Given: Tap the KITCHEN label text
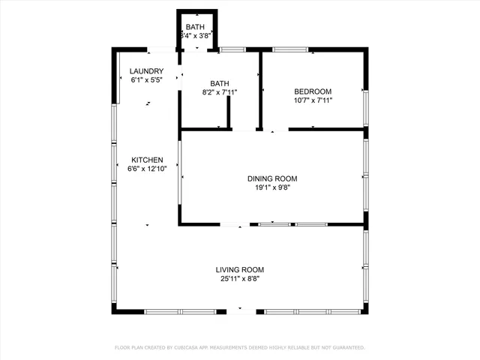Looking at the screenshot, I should click(147, 160).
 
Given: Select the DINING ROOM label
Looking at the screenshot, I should click(272, 178).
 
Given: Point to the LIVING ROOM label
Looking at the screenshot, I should click(240, 270).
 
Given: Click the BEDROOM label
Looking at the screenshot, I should click(313, 91).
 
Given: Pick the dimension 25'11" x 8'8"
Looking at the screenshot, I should click(240, 279).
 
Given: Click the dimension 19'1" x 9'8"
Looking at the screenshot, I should click(272, 187).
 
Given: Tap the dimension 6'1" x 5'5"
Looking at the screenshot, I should click(145, 79).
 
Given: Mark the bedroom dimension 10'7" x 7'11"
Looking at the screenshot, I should click(313, 100).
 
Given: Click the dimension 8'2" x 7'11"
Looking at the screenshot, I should click(220, 92).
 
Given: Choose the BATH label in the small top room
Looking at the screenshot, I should click(195, 26).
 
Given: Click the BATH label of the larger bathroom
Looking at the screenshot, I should click(220, 83).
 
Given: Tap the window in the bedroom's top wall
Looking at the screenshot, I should click(290, 50).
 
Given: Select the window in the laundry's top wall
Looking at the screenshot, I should click(159, 50).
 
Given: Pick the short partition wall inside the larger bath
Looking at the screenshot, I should click(227, 112).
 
